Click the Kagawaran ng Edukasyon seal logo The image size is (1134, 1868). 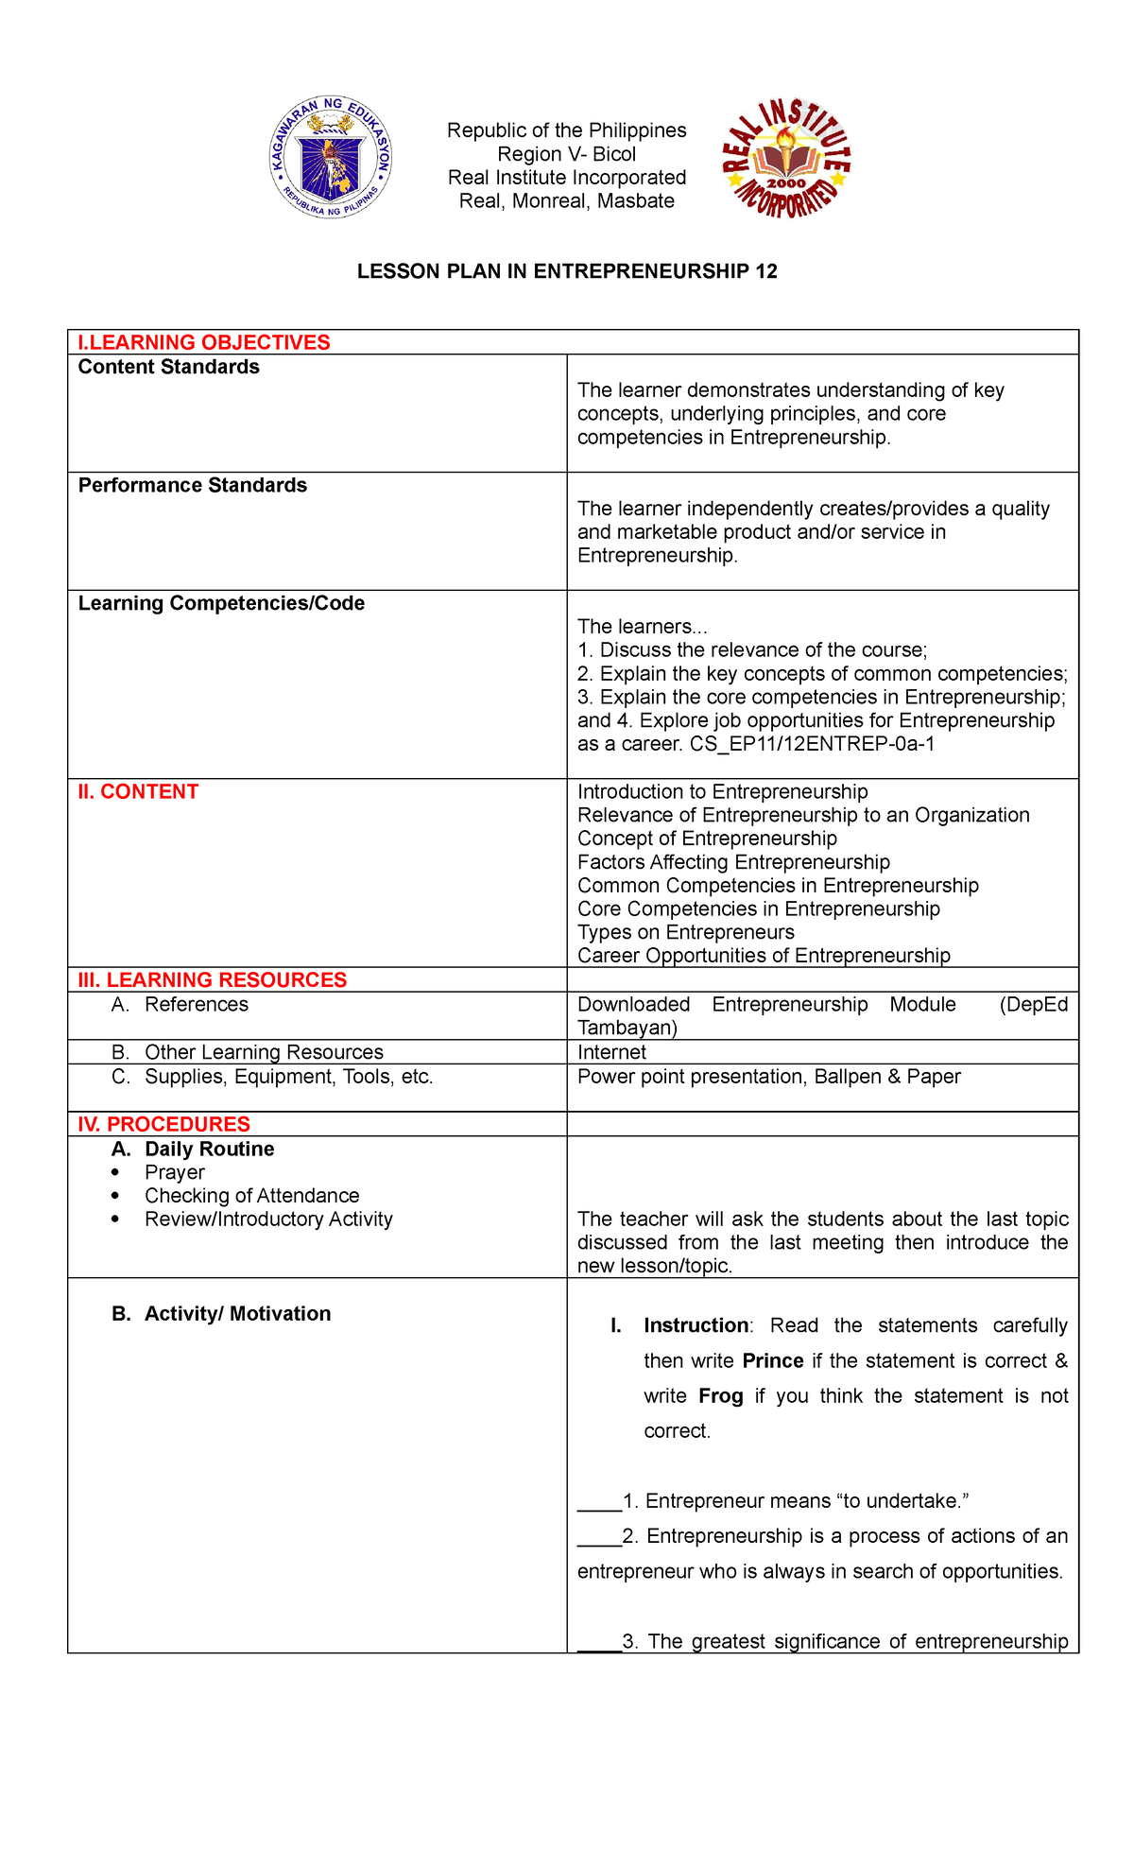[x=330, y=158]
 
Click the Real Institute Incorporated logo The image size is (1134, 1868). [x=786, y=158]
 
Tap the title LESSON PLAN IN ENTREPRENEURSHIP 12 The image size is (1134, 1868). [x=567, y=272]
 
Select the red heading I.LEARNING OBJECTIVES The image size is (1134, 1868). [x=204, y=342]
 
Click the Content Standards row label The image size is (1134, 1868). [x=168, y=367]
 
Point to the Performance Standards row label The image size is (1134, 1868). [x=192, y=485]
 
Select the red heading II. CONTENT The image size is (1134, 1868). [x=138, y=792]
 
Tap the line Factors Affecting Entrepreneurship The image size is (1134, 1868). [x=733, y=862]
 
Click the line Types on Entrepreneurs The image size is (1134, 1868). [x=685, y=932]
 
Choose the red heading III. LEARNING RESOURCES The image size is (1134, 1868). [x=213, y=980]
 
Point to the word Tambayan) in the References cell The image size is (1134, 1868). [x=627, y=1029]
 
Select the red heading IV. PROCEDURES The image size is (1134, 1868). [x=164, y=1124]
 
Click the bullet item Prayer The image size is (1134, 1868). [x=175, y=1172]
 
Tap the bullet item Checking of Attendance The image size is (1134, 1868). [x=251, y=1196]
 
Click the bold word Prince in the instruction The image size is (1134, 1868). [x=772, y=1361]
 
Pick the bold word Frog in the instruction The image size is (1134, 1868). [x=720, y=1396]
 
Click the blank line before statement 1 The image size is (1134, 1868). [x=599, y=1501]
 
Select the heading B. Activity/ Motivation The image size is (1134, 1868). [x=221, y=1314]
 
